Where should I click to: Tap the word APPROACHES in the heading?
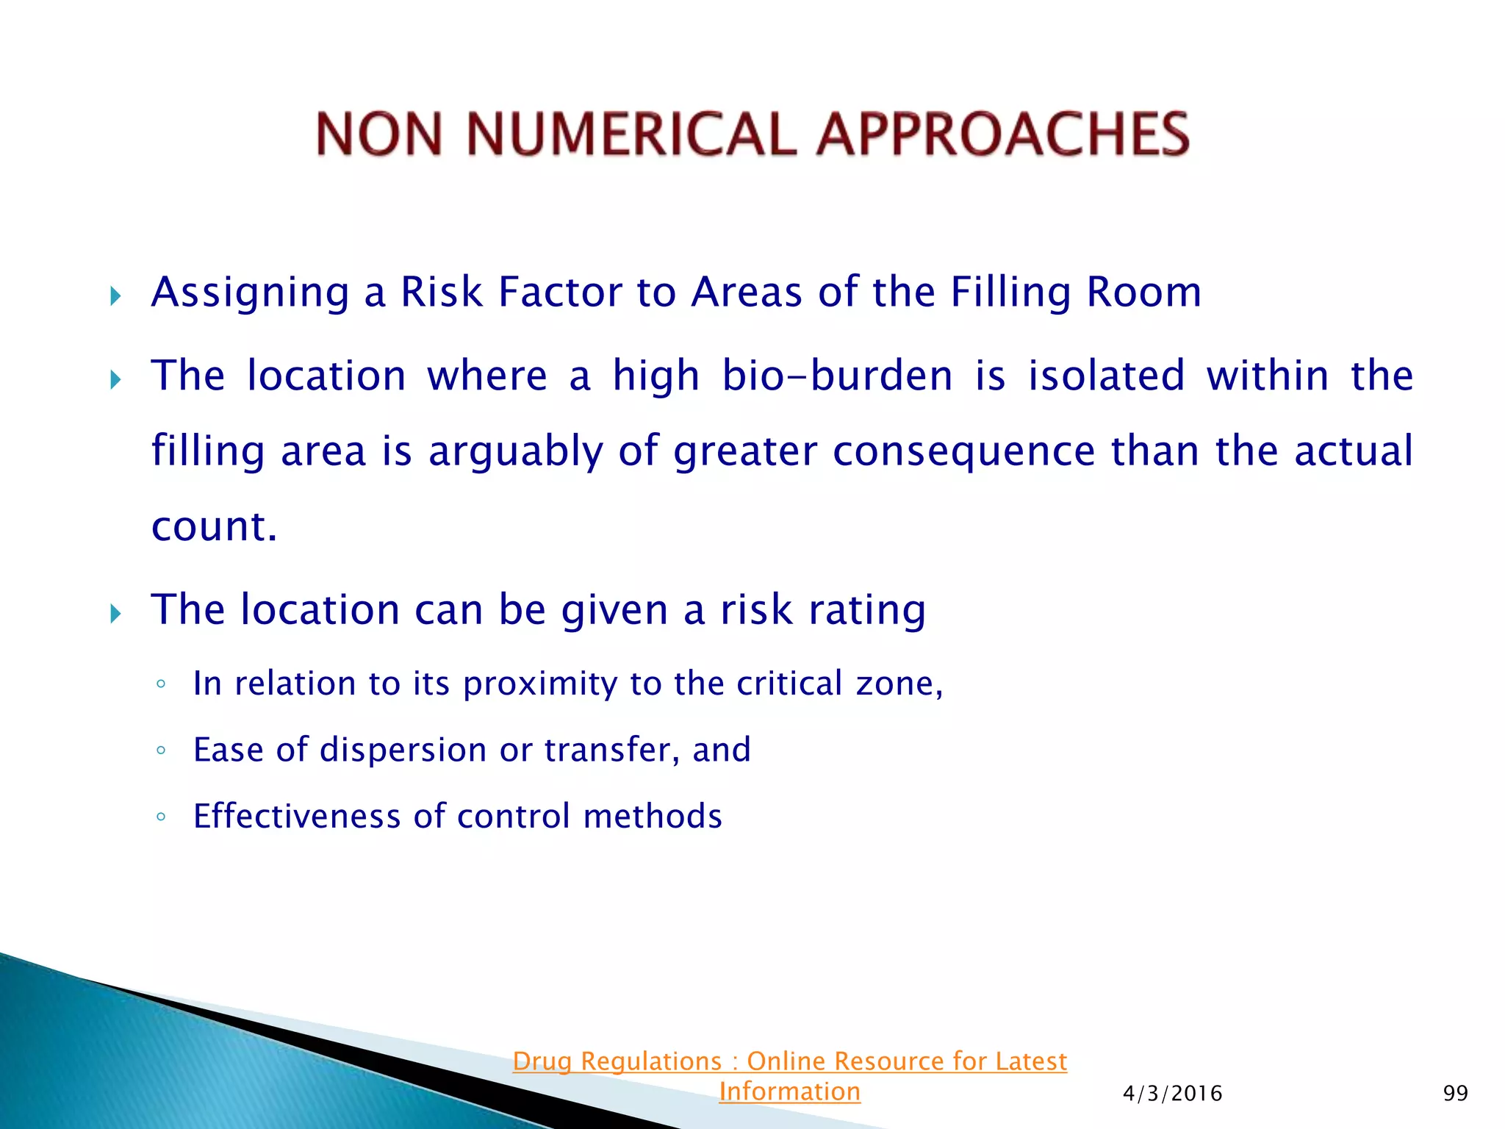(1003, 135)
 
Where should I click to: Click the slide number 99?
(1455, 1094)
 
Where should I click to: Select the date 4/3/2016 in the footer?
(1172, 1094)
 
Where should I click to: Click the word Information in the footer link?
(789, 1092)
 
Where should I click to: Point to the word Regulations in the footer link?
(651, 1061)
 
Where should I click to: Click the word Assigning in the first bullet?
(250, 293)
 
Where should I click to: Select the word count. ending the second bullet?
(214, 526)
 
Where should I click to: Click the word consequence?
(963, 451)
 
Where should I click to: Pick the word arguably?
(515, 452)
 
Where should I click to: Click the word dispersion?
(403, 750)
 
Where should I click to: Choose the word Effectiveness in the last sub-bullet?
(297, 817)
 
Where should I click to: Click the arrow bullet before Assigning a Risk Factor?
(115, 296)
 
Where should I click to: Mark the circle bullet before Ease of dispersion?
(161, 750)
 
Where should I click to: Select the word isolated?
(1106, 376)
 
